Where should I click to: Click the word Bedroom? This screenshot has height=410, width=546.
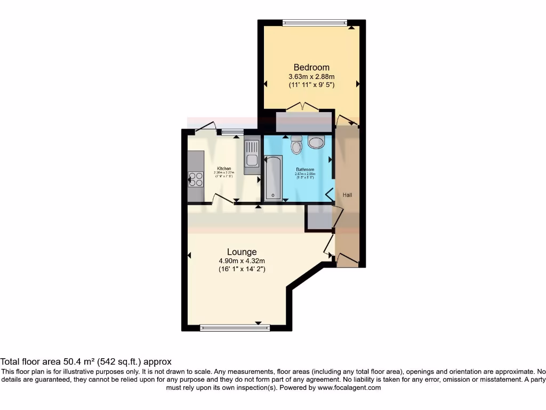pyautogui.click(x=311, y=67)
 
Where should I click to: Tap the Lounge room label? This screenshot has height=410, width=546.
pyautogui.click(x=242, y=251)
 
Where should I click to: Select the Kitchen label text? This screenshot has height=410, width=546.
pyautogui.click(x=223, y=169)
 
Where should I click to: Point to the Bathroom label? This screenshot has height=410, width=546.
pyautogui.click(x=306, y=170)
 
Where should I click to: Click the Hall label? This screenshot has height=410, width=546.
pyautogui.click(x=347, y=195)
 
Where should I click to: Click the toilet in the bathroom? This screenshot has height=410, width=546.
pyautogui.click(x=296, y=145)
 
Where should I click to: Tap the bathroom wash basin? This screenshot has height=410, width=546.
pyautogui.click(x=316, y=142)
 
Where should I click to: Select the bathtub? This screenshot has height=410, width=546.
pyautogui.click(x=274, y=178)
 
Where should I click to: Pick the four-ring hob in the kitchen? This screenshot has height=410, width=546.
pyautogui.click(x=196, y=179)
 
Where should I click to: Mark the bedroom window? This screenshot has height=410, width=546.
pyautogui.click(x=314, y=22)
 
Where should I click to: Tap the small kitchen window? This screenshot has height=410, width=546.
pyautogui.click(x=232, y=132)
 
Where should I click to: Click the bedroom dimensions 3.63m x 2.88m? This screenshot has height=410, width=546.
pyautogui.click(x=311, y=76)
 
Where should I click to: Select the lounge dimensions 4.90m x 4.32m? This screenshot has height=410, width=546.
pyautogui.click(x=242, y=261)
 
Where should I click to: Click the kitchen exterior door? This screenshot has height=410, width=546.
pyautogui.click(x=205, y=127)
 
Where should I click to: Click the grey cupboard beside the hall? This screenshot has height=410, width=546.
pyautogui.click(x=318, y=218)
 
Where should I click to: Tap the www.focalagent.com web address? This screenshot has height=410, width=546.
pyautogui.click(x=349, y=388)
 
